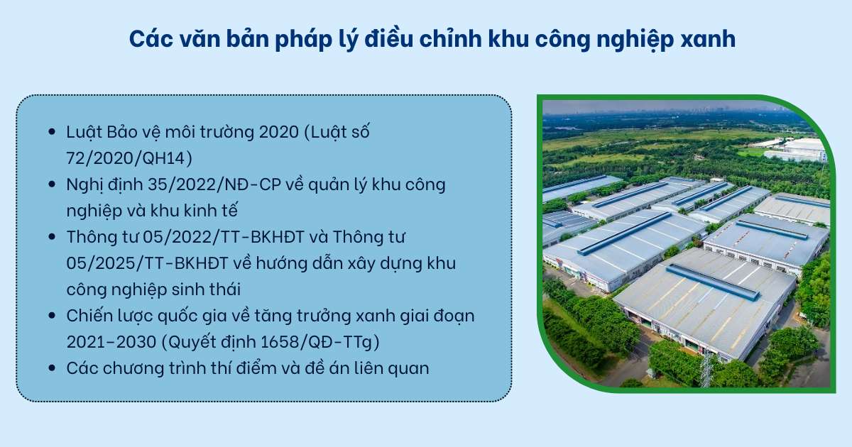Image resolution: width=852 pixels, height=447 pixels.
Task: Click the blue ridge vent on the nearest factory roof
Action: tap(711, 282)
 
